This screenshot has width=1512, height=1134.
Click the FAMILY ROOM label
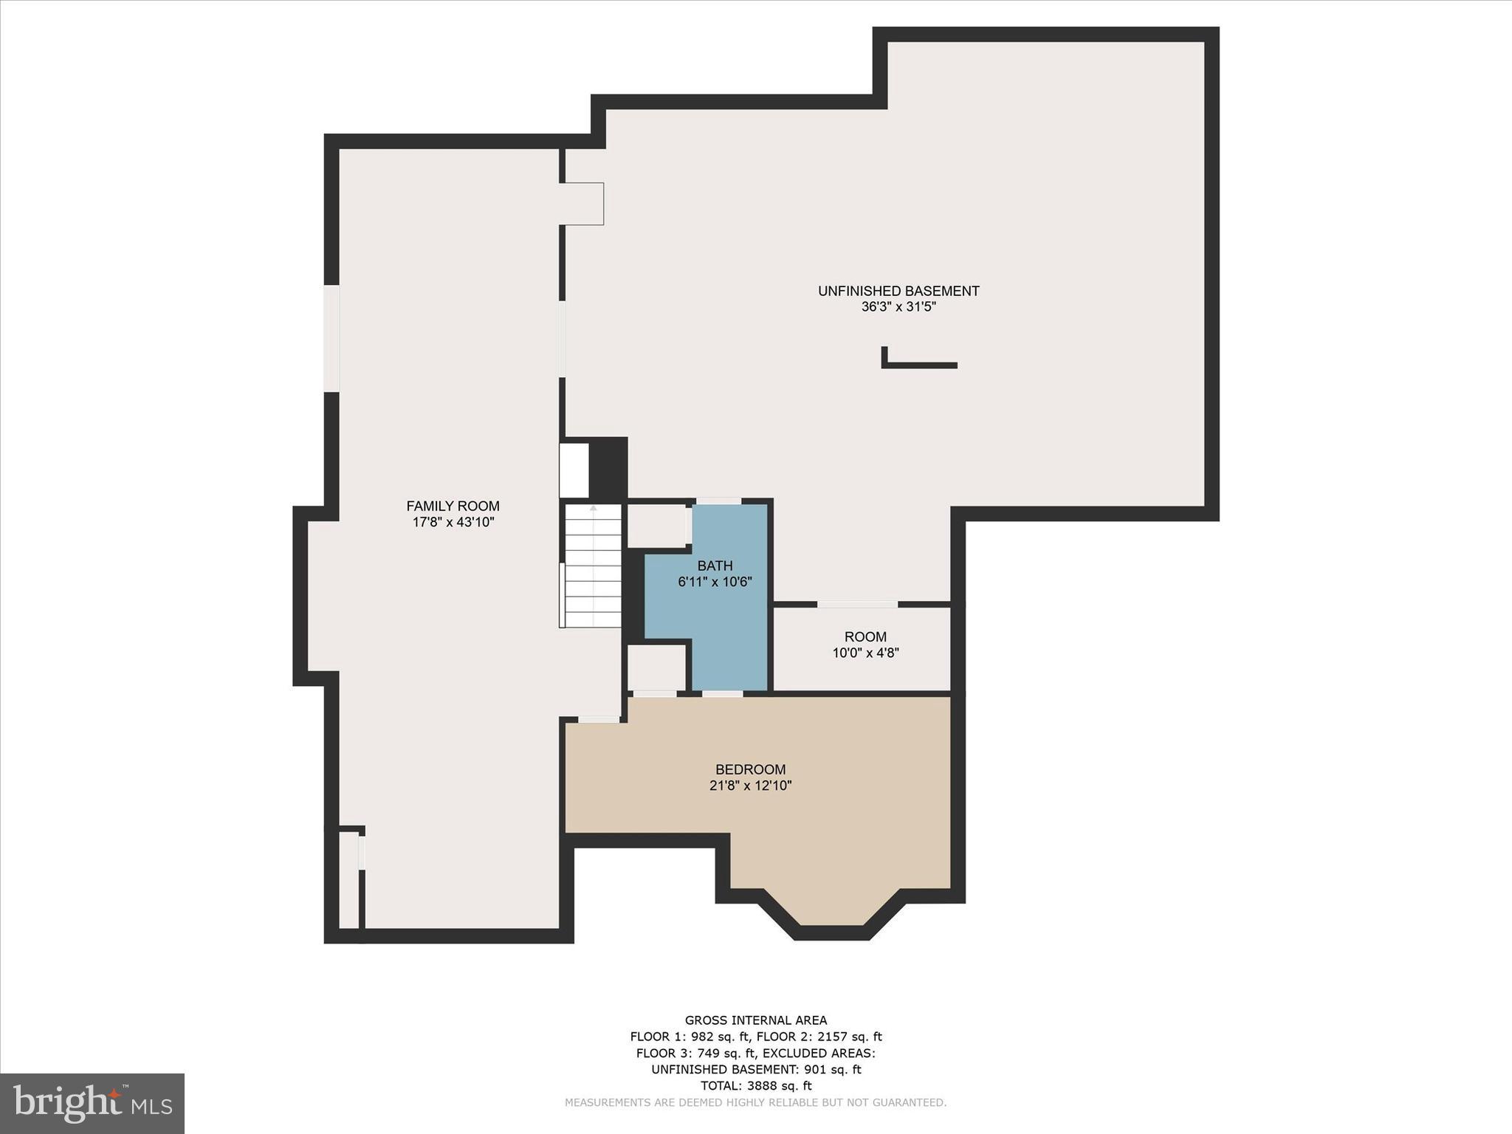click(x=453, y=506)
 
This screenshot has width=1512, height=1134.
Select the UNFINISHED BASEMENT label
click(x=898, y=291)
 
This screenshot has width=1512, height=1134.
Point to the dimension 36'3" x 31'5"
click(x=898, y=307)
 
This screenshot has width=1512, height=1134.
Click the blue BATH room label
click(x=715, y=566)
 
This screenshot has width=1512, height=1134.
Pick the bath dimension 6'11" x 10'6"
click(x=715, y=582)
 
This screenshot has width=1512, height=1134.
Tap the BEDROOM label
click(x=750, y=769)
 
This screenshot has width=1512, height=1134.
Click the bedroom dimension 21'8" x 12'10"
click(x=750, y=786)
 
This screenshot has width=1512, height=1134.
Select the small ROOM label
click(x=865, y=636)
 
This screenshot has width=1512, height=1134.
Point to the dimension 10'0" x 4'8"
click(x=865, y=653)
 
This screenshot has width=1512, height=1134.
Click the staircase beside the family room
click(x=593, y=566)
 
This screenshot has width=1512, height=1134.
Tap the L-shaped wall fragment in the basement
click(x=919, y=364)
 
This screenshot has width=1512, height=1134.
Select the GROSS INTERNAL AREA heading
click(x=756, y=1020)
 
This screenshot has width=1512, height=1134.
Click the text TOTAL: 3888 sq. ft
click(x=756, y=1085)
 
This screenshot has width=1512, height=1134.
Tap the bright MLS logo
click(x=92, y=1104)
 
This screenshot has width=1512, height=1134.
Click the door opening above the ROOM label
click(x=857, y=604)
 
